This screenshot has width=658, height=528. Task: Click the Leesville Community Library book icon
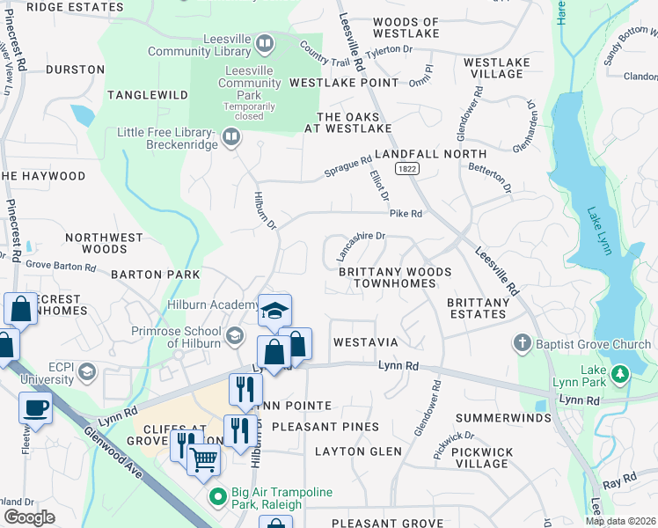click(x=265, y=42)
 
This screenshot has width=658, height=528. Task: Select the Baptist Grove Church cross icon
click(x=523, y=341)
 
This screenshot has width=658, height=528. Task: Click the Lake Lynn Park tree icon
click(x=620, y=375)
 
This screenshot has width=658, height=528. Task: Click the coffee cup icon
click(x=35, y=407)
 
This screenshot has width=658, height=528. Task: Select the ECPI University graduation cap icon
click(x=86, y=373)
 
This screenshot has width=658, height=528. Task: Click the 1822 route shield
click(x=406, y=167)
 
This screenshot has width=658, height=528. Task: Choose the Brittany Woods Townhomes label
click(x=395, y=278)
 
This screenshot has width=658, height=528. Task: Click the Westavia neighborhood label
click(x=366, y=341)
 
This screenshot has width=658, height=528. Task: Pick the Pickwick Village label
click(x=485, y=458)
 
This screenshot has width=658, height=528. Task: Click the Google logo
click(x=29, y=517)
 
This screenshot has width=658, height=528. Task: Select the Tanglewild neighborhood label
click(x=148, y=94)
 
